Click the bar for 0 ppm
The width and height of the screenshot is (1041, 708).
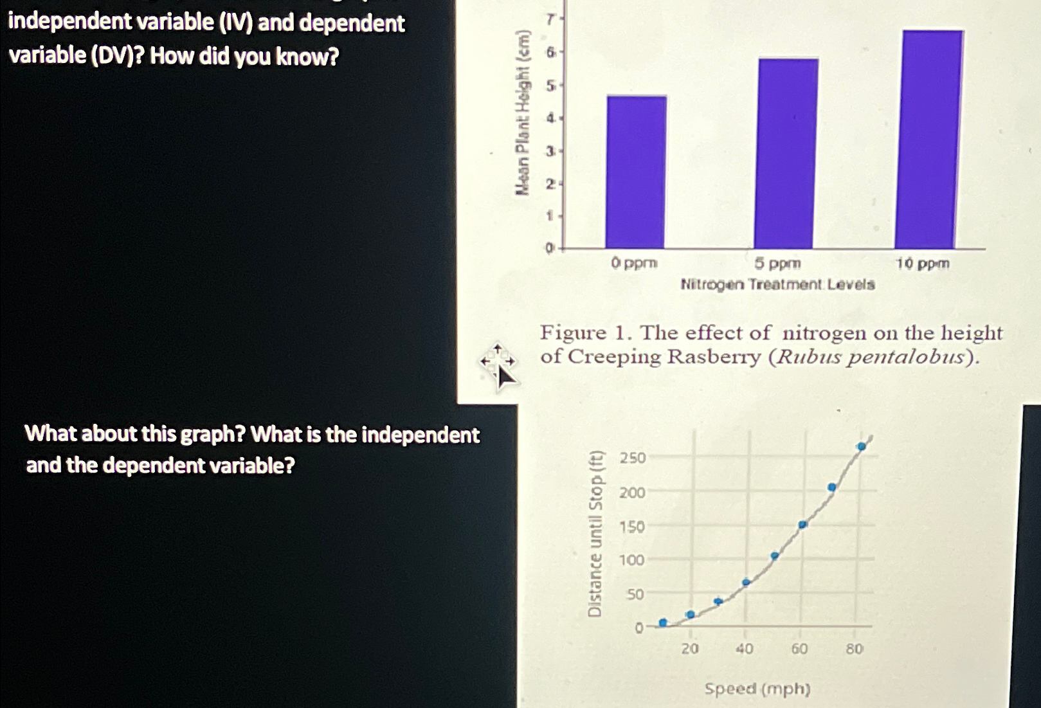click(x=636, y=172)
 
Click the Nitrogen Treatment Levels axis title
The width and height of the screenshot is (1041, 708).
click(x=777, y=284)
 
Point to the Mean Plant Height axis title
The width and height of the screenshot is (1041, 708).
click(x=523, y=113)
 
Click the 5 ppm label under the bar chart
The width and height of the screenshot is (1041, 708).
click(x=777, y=264)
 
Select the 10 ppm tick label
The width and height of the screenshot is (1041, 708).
click(x=923, y=264)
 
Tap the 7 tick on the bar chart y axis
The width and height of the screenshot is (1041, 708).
click(x=550, y=20)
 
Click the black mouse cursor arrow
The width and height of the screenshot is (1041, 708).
click(x=505, y=376)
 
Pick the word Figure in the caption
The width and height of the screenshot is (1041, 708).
click(x=573, y=332)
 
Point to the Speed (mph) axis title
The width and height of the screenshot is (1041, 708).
click(x=757, y=689)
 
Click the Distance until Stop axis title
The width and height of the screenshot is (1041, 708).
click(x=595, y=533)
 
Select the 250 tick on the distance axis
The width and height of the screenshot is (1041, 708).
click(x=632, y=458)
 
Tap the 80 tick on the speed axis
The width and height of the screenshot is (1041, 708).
click(x=854, y=649)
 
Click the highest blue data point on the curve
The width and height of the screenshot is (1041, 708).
click(x=862, y=446)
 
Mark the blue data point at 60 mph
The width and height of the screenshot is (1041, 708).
click(x=802, y=525)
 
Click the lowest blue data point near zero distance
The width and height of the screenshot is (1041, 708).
click(x=663, y=622)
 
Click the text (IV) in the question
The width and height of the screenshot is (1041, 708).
click(x=236, y=23)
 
